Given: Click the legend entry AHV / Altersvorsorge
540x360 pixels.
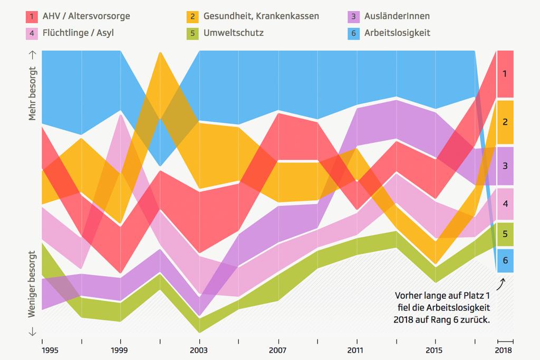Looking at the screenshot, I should (x=85, y=16).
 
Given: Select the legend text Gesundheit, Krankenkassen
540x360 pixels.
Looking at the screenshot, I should (x=261, y=16).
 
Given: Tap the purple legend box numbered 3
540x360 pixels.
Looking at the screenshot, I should (x=354, y=16).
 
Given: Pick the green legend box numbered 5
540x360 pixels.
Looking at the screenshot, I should (x=193, y=33).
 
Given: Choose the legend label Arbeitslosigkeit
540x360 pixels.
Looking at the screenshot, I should (x=397, y=33).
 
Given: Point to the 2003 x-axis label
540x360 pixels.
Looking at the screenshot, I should (x=199, y=350).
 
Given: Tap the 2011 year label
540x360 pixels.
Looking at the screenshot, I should (x=356, y=350).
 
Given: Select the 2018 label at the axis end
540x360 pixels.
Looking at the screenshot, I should (x=505, y=350).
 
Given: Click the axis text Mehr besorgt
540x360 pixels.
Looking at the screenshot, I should (x=33, y=94).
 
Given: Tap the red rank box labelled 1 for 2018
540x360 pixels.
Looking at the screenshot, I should (x=505, y=74).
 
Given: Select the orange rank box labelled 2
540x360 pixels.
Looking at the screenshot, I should (x=505, y=122).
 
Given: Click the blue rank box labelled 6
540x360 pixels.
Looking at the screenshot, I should (x=505, y=260).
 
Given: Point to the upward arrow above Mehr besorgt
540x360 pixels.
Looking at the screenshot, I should (x=33, y=54).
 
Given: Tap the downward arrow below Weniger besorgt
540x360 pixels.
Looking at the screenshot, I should (x=33, y=332).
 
